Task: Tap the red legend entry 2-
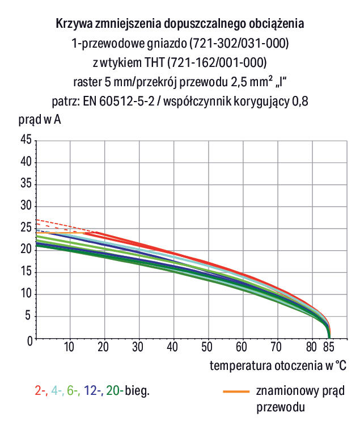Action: coord(40,391)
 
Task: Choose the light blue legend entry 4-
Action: coord(57,391)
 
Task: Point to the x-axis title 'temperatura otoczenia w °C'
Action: coord(278,365)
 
